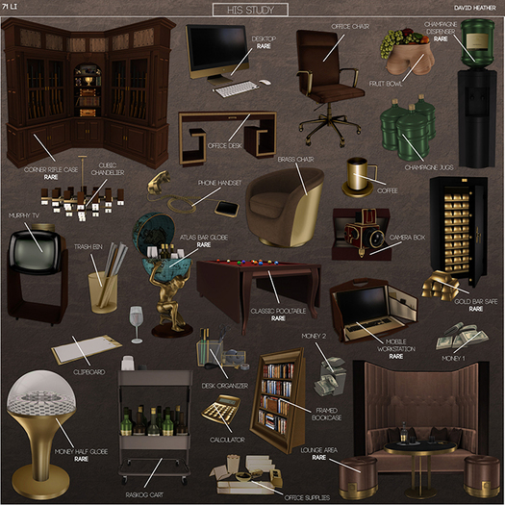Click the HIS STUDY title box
point(249,10)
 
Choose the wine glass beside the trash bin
point(136,320)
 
